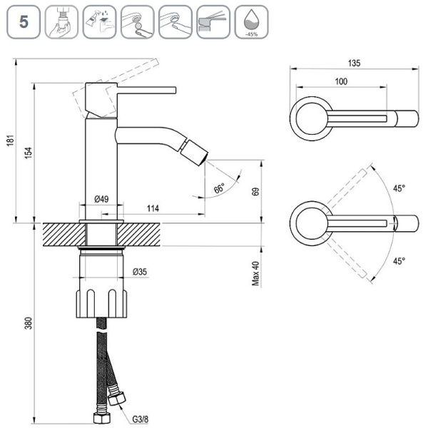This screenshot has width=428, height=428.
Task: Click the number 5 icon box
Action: click(x=24, y=21)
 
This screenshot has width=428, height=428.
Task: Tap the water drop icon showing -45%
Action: click(x=250, y=21)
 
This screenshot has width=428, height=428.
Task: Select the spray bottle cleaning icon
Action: click(x=98, y=21)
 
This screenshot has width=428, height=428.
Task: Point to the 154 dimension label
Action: click(x=28, y=153)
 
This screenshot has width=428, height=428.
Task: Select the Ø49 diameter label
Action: click(x=101, y=199)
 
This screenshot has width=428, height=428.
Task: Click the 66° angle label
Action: click(x=219, y=188)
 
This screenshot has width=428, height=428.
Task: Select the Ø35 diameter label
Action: click(x=141, y=272)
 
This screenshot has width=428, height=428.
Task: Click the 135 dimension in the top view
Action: click(x=355, y=63)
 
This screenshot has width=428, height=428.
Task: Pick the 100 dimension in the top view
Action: click(x=341, y=82)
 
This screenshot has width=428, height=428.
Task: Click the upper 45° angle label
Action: click(x=398, y=189)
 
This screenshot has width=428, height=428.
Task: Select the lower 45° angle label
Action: click(x=398, y=260)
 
